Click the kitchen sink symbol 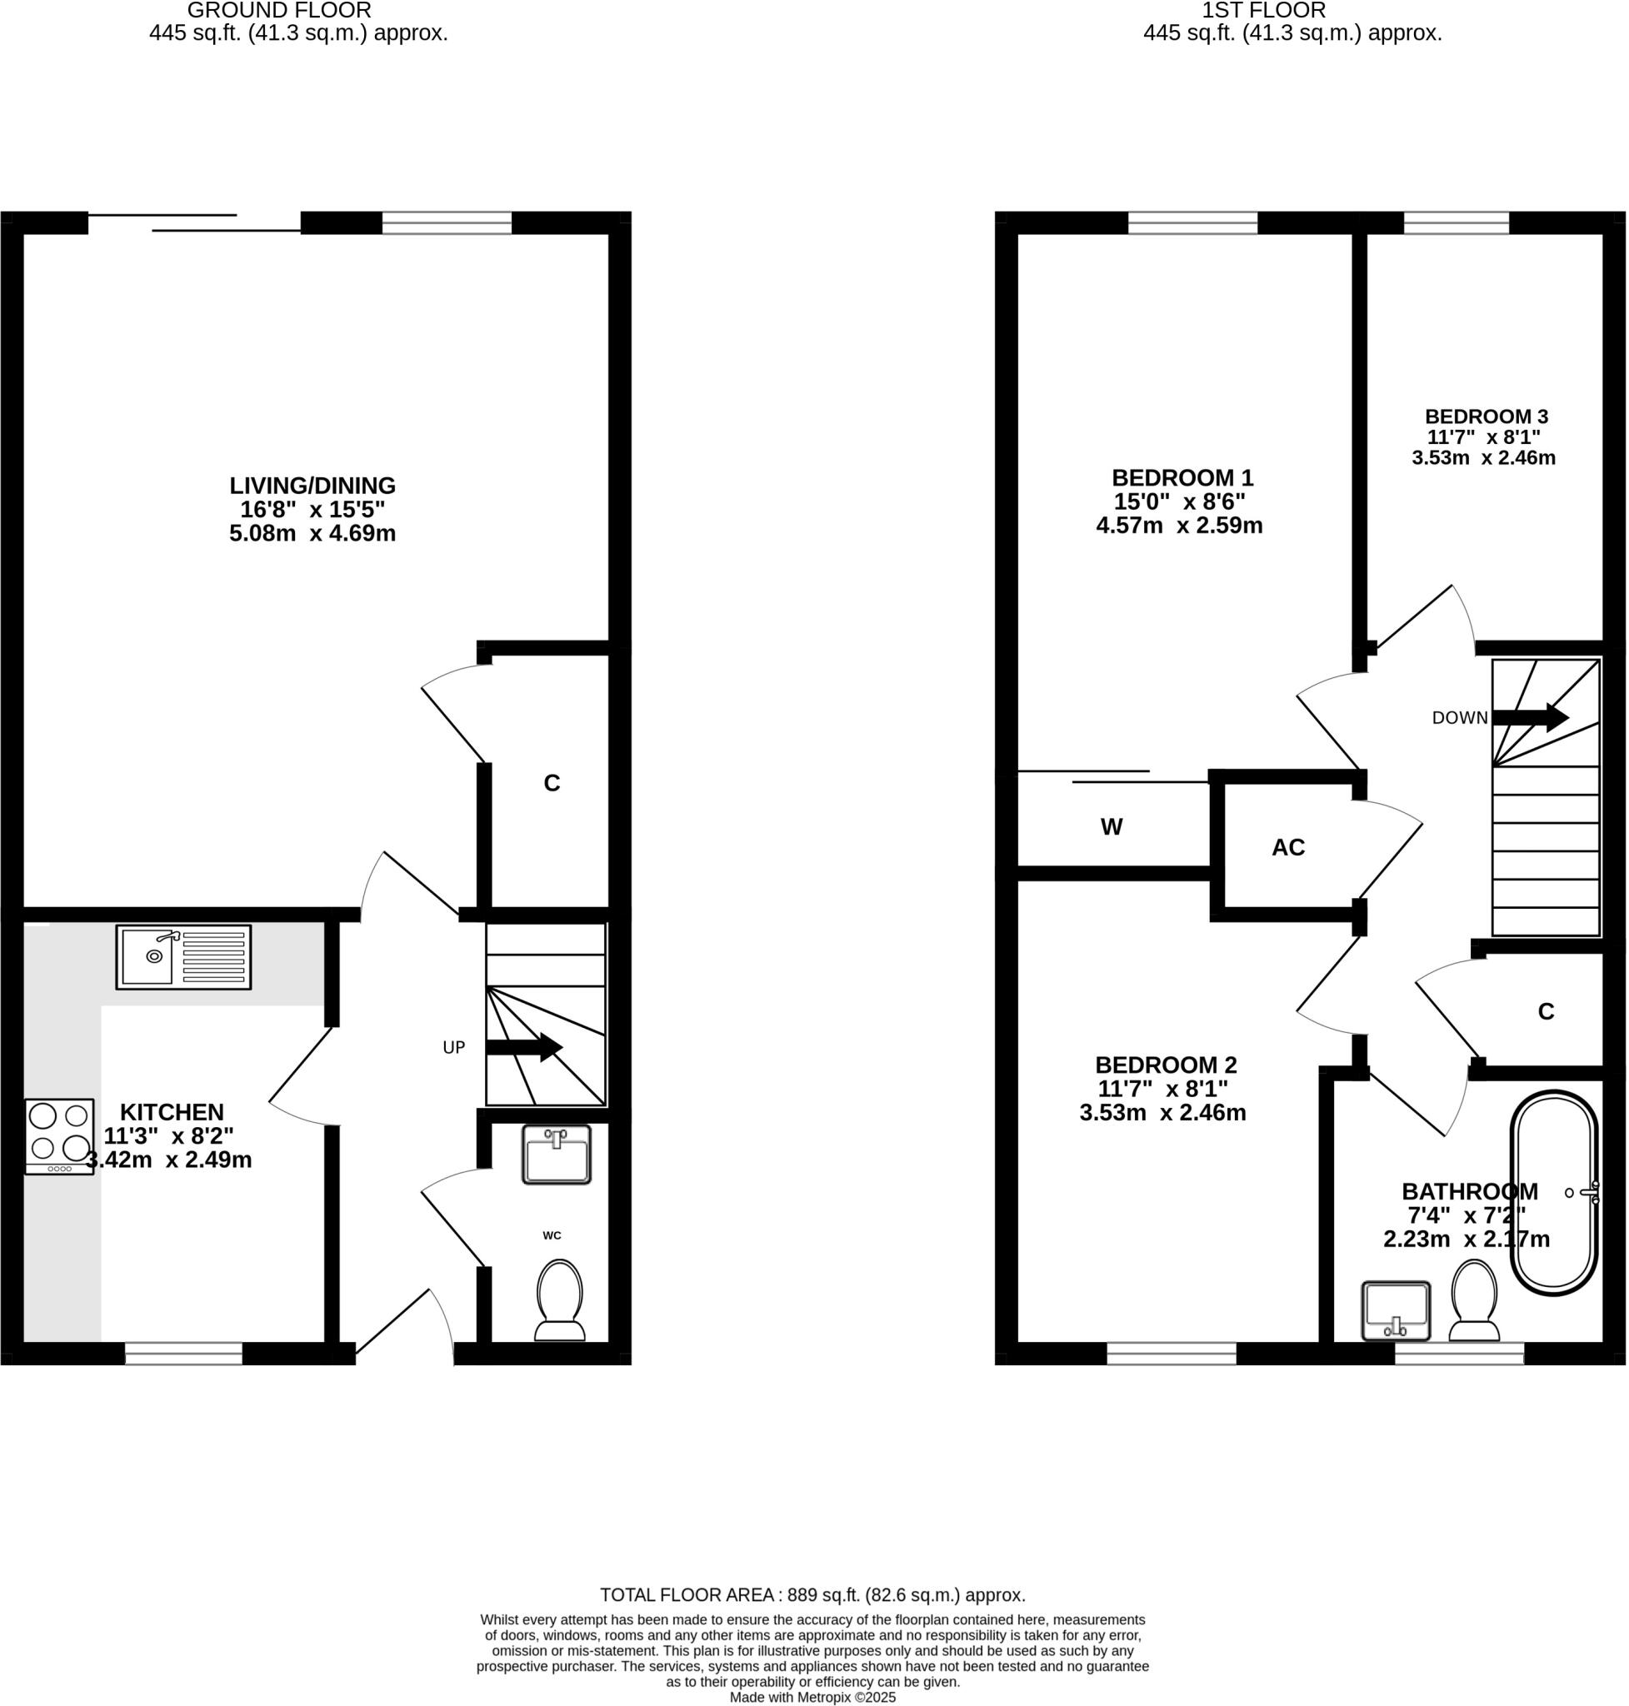(183, 957)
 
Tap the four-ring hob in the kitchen (59, 1136)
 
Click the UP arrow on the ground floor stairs (524, 1047)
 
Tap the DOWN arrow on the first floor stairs (1530, 717)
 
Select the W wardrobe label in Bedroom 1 (1112, 826)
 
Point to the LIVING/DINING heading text (312, 486)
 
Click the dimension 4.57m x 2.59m (1179, 526)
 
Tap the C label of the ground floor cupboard (552, 783)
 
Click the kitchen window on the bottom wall (183, 1353)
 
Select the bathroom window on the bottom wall (1459, 1353)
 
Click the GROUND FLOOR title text (279, 11)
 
